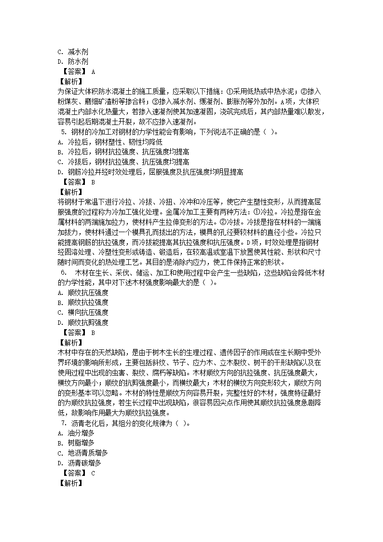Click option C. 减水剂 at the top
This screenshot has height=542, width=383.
(72, 52)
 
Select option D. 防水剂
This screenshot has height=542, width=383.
(72, 61)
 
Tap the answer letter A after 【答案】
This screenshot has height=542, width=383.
(93, 71)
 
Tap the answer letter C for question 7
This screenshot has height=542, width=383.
(93, 473)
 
